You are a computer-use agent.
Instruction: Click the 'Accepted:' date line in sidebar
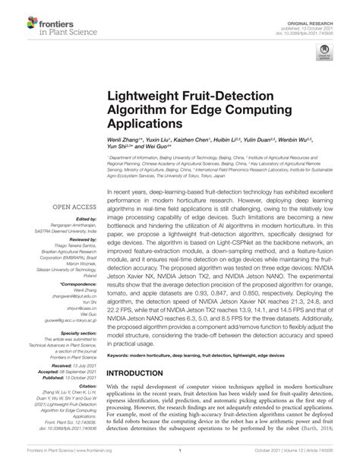pos(67,371)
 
